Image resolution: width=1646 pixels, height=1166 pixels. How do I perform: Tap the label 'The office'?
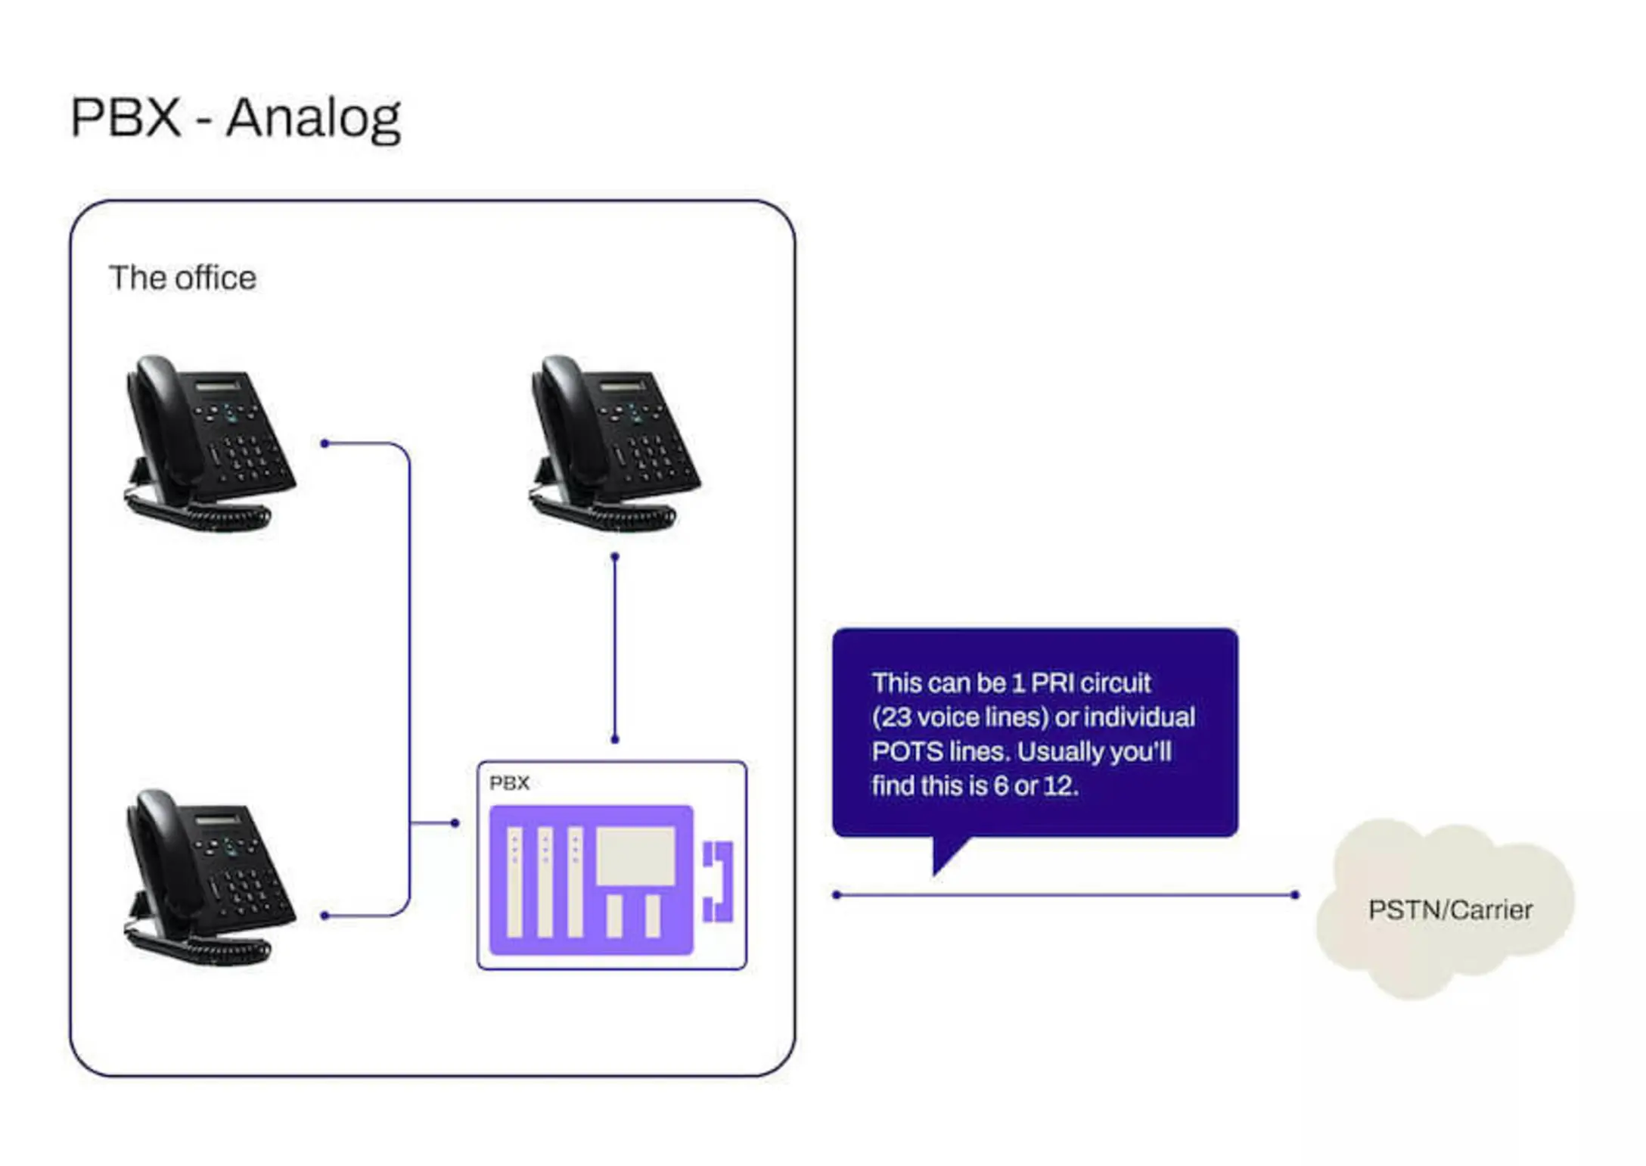pyautogui.click(x=182, y=278)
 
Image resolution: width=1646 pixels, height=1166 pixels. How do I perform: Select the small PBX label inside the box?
pyautogui.click(x=509, y=783)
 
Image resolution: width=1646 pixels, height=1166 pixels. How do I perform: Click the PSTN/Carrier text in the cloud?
pyautogui.click(x=1449, y=909)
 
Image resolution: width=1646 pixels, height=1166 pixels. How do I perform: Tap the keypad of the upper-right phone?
pyautogui.click(x=651, y=454)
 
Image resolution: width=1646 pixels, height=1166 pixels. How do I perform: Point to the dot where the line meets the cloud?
pyautogui.click(x=1295, y=895)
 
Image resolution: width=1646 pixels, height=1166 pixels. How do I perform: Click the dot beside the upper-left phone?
pyautogui.click(x=325, y=443)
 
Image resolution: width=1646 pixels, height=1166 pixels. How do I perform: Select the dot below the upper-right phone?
pyautogui.click(x=615, y=557)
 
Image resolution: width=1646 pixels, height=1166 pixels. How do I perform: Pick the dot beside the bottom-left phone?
pyautogui.click(x=325, y=916)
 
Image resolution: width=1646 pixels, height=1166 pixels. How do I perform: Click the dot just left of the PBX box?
pyautogui.click(x=455, y=822)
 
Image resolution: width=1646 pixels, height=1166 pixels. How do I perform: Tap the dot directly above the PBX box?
pyautogui.click(x=615, y=739)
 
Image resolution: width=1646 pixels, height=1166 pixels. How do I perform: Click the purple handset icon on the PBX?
pyautogui.click(x=719, y=881)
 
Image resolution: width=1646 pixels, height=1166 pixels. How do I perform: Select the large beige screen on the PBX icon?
pyautogui.click(x=635, y=856)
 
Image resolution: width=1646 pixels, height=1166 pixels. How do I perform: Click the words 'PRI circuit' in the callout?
pyautogui.click(x=1090, y=683)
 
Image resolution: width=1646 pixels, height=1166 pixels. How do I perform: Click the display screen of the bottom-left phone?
pyautogui.click(x=217, y=820)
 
